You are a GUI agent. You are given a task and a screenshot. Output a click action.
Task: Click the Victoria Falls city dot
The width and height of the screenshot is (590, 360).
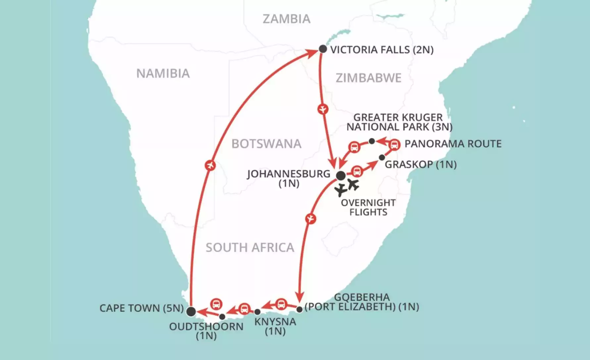323,49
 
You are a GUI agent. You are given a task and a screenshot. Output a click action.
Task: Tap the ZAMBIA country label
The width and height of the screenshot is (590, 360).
287,19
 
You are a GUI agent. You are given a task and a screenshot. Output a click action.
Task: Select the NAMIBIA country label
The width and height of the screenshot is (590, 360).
163,73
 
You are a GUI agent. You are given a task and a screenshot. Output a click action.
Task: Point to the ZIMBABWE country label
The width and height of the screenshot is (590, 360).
369,78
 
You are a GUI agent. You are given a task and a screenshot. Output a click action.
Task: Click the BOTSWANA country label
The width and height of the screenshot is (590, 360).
266,144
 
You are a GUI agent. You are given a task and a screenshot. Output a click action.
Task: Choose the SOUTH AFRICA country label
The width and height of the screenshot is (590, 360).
250,247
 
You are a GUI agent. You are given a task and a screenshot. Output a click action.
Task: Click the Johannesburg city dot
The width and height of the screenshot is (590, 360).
341,176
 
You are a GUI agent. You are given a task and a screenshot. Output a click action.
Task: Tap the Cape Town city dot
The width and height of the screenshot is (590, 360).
191,311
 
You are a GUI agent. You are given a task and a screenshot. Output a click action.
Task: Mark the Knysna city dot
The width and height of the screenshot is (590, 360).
257,312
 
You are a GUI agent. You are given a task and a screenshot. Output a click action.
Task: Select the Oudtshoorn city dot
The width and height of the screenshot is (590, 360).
222,317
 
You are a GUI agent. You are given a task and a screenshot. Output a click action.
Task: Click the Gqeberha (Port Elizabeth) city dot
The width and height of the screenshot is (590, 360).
299,309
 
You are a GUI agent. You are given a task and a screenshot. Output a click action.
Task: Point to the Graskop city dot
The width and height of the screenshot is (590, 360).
382,157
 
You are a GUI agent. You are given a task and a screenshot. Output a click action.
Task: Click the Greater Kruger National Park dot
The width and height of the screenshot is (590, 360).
372,141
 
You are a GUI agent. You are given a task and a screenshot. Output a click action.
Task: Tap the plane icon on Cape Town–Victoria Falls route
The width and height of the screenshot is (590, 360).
210,165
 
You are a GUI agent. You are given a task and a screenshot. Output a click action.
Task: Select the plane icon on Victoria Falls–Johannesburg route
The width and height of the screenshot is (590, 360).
322,109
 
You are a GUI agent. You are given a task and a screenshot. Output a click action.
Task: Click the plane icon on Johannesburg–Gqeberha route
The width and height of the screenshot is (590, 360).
311,219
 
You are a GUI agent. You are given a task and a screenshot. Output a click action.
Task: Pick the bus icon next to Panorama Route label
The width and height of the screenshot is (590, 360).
394,145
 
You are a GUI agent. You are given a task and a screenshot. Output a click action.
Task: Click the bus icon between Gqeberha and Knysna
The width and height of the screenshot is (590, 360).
281,304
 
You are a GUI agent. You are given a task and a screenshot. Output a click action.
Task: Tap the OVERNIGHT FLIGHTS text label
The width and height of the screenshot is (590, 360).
368,207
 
